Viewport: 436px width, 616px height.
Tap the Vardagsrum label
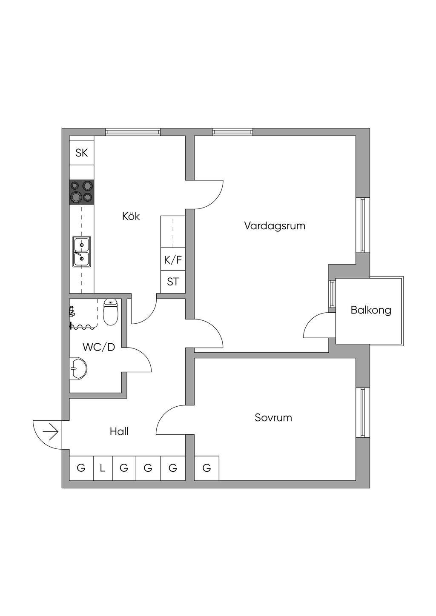click(275, 226)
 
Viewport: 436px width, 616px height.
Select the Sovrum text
click(273, 417)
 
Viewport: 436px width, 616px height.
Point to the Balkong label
click(371, 310)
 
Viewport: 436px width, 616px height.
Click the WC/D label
click(99, 347)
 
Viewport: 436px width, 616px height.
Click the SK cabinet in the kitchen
click(81, 153)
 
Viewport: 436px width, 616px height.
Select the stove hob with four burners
click(81, 192)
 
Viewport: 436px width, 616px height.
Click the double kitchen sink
click(81, 251)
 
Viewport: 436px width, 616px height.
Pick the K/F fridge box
click(173, 260)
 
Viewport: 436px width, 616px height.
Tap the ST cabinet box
click(173, 282)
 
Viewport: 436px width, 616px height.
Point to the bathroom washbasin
click(78, 368)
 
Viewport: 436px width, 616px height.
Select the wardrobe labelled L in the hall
click(103, 468)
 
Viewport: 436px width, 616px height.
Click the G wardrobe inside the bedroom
click(207, 468)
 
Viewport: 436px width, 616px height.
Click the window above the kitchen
click(133, 132)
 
